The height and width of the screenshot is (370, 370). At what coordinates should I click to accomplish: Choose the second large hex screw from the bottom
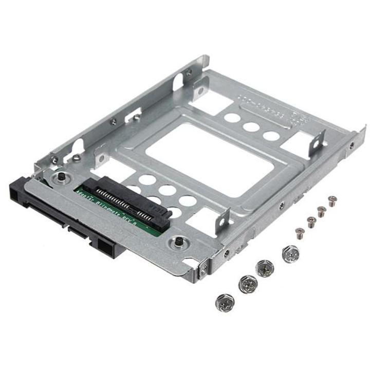(247, 284)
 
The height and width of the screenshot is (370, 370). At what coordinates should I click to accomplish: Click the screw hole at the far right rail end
(351, 145)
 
